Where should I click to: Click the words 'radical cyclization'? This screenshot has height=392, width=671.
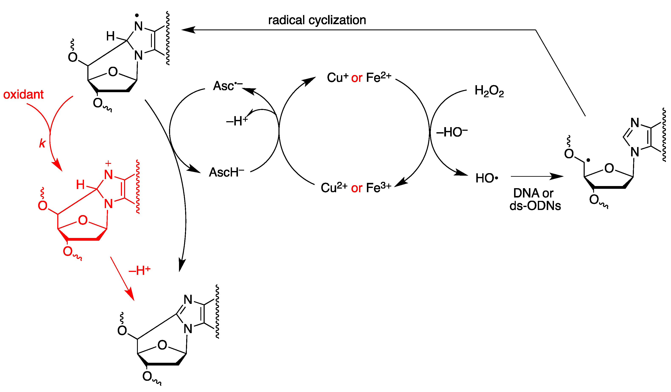coord(317,20)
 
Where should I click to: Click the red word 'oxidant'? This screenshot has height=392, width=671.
coord(23,95)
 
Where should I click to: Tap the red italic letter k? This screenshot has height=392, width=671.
coord(42,143)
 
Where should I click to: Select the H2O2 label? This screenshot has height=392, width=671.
coord(489,91)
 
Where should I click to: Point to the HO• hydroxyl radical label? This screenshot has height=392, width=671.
coord(486,178)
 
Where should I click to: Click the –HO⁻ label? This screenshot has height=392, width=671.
coord(452,132)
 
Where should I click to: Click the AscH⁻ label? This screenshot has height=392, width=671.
coord(226,172)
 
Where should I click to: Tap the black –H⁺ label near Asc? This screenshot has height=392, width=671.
coord(237,121)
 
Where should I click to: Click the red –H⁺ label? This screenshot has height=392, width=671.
coord(140,271)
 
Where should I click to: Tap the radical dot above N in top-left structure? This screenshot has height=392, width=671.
coord(137,15)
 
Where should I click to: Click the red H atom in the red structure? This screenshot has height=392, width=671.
coord(80,184)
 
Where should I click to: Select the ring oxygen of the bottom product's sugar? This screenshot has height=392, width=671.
coord(162,345)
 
